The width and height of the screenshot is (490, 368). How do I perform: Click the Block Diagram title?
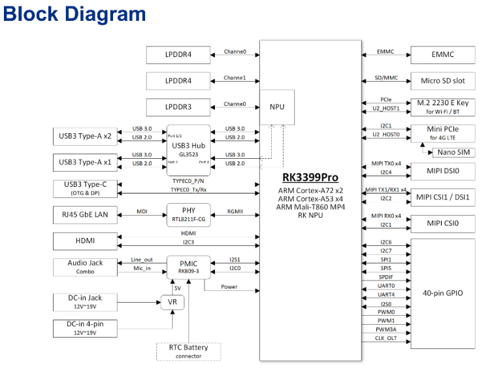tap(74, 14)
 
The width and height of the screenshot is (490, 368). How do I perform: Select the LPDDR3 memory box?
tap(178, 107)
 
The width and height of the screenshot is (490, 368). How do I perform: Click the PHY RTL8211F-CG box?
tap(189, 214)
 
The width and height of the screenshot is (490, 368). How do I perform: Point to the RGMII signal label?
tap(235, 211)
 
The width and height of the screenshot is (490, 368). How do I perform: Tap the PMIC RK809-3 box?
tap(189, 266)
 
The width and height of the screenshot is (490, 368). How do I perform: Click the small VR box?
tap(172, 302)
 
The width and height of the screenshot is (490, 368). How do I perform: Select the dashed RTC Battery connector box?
tap(188, 351)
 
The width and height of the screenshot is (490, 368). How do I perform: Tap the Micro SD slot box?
tap(442, 81)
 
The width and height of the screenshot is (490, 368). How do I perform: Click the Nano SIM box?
tap(456, 152)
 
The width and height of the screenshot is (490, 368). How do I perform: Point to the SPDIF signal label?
tap(386, 277)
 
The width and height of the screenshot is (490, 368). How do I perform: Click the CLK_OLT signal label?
tap(386, 338)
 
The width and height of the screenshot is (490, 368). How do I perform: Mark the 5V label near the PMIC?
tap(177, 288)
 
